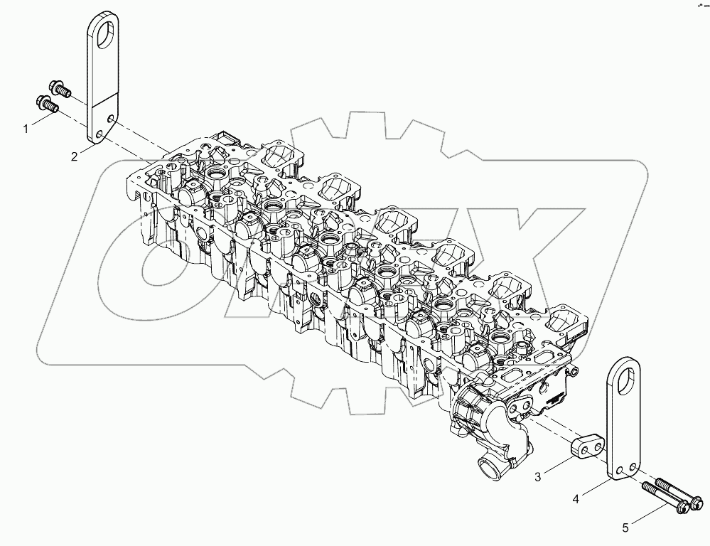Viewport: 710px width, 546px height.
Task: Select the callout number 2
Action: [x=74, y=156]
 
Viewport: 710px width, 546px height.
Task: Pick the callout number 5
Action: [x=626, y=527]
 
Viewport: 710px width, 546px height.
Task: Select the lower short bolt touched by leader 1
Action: [x=47, y=105]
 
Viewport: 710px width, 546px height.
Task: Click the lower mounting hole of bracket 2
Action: [x=99, y=134]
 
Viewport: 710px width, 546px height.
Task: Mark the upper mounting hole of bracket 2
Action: [x=110, y=119]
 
